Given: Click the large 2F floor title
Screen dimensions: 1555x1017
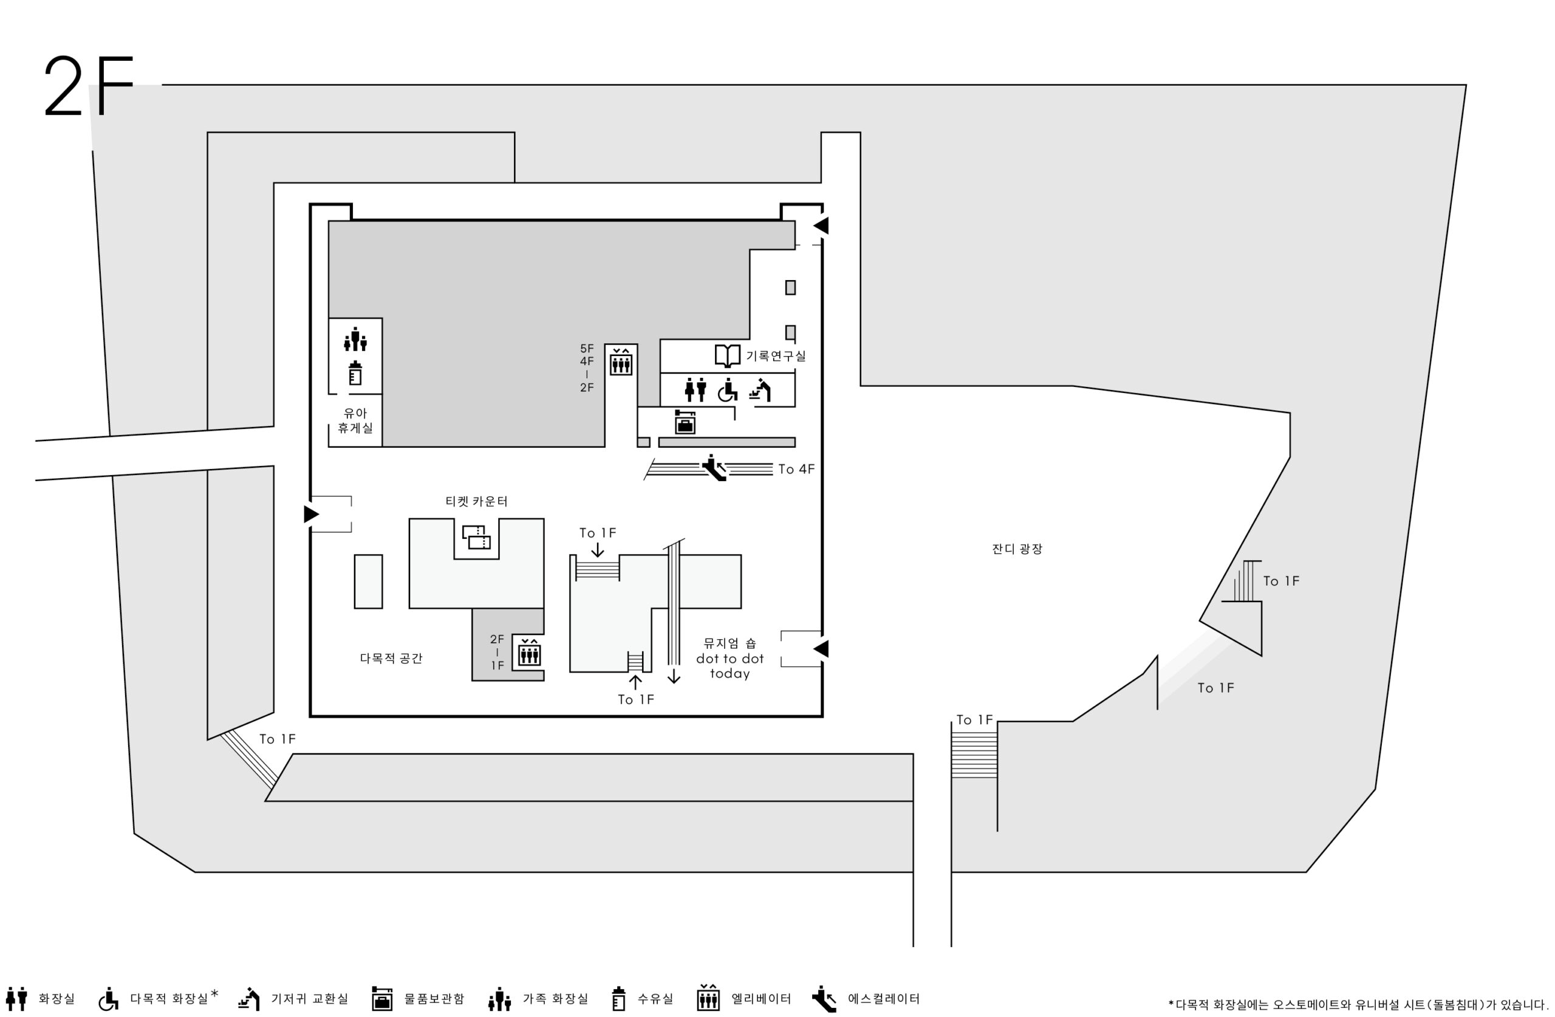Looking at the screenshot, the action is (x=89, y=86).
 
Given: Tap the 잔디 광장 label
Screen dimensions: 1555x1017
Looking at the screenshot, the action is (x=1017, y=549).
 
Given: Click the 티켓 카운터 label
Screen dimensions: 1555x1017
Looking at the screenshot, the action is (x=476, y=501).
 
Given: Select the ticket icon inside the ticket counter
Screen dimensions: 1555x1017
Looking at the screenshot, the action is (x=476, y=537).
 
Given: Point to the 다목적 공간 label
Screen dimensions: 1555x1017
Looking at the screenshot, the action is (x=391, y=658).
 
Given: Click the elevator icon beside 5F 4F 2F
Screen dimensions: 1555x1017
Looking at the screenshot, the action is (x=621, y=361).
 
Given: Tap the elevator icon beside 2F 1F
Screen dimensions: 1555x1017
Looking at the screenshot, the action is (x=529, y=652).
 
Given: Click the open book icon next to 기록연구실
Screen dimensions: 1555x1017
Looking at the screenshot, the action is (x=727, y=355).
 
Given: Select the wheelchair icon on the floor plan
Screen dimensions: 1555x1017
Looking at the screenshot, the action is (x=727, y=390).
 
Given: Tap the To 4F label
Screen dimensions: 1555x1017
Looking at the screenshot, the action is (x=796, y=469).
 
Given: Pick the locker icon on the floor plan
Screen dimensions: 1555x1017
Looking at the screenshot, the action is (x=685, y=422).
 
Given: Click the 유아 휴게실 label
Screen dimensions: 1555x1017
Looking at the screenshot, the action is (x=355, y=420).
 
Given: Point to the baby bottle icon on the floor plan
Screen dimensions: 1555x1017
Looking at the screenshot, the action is (x=355, y=373).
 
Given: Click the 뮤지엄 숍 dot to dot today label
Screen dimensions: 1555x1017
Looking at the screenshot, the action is (x=730, y=658).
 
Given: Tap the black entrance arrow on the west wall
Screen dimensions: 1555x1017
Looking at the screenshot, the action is (x=312, y=515).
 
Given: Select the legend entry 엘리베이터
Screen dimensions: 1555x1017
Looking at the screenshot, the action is (x=744, y=999).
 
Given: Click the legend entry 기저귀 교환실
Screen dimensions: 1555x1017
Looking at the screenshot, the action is (x=293, y=999).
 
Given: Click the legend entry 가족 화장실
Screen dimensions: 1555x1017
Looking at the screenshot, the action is (x=538, y=999).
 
